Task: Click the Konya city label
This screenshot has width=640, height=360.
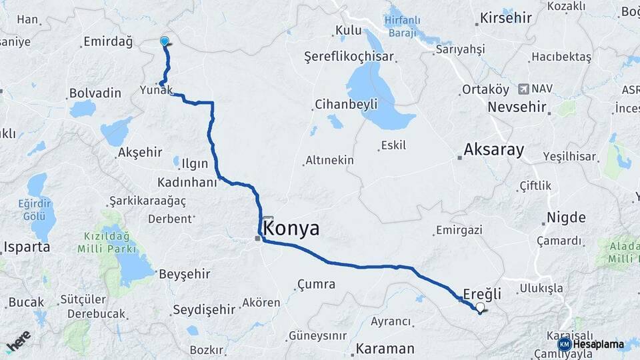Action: coord(292,229)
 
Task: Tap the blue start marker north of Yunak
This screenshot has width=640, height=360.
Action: coord(165,41)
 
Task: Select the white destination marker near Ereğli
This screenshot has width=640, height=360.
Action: coord(480,307)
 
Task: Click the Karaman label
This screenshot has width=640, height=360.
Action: coord(385,348)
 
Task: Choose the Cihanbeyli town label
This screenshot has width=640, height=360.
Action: coord(345,104)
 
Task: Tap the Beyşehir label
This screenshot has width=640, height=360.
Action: coord(185,273)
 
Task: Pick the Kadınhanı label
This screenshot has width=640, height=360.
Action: coord(187,182)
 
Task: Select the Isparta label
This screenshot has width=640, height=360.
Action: coord(27,247)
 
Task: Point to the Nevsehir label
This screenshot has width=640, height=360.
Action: coord(517,107)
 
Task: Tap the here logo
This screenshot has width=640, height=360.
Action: coord(18,342)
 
